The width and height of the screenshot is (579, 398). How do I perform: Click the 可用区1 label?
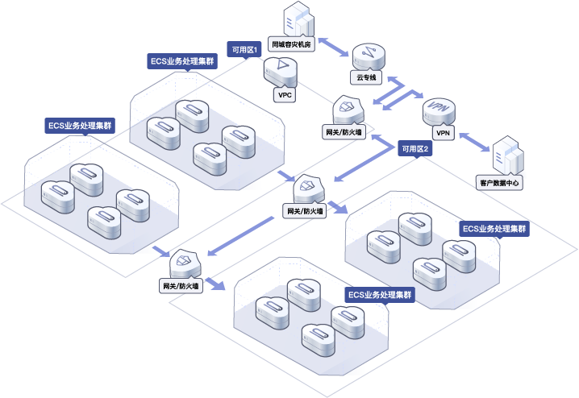point(244,49)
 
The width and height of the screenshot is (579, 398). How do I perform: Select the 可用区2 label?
point(415,149)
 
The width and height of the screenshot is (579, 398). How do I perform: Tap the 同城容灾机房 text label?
point(291,44)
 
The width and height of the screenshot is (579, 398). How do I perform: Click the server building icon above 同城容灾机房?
point(298,19)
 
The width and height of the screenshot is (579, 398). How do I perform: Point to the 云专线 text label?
point(366,77)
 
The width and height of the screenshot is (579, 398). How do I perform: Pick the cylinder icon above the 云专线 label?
point(369,57)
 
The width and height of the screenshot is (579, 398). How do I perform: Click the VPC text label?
point(285,95)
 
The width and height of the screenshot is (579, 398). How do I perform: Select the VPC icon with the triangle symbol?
point(281,72)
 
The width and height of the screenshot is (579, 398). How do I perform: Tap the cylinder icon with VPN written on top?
point(439,111)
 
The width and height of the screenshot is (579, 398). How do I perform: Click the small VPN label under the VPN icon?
point(443,133)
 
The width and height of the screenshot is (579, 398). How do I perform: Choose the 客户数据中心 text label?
point(499,183)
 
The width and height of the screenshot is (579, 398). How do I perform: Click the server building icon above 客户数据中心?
point(509,155)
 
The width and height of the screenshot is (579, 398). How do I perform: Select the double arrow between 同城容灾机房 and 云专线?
point(333,47)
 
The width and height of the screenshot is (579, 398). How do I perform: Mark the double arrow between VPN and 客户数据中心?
point(474,142)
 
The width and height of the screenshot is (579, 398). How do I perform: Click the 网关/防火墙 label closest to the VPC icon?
point(344,132)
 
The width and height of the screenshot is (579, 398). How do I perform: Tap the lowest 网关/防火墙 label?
point(181,286)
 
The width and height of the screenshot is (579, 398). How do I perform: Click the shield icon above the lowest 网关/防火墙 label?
point(185,263)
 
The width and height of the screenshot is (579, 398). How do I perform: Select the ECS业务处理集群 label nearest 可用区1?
point(182,61)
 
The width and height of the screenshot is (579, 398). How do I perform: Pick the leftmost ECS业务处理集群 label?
point(80,126)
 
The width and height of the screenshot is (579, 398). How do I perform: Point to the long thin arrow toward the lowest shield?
point(240,236)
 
